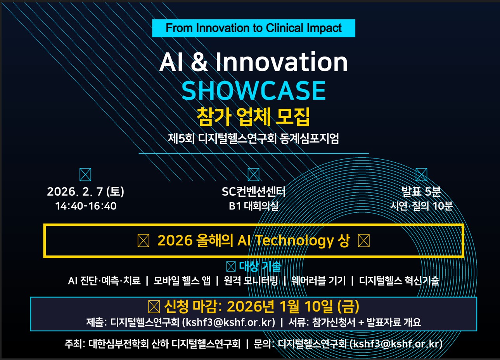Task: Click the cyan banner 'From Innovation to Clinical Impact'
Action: pyautogui.click(x=254, y=28)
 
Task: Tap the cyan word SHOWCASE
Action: pyautogui.click(x=254, y=91)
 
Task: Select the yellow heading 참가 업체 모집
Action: pyautogui.click(x=253, y=116)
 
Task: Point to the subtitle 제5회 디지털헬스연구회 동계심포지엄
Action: pyautogui.click(x=253, y=138)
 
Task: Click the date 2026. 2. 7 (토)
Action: pyautogui.click(x=85, y=191)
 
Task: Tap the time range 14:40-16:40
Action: pyautogui.click(x=86, y=206)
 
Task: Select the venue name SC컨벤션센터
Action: pyautogui.click(x=254, y=191)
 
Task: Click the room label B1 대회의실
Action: pyautogui.click(x=254, y=206)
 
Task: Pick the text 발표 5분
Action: pyautogui.click(x=421, y=191)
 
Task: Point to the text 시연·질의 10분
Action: pyautogui.click(x=421, y=206)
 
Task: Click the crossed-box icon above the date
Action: pyautogui.click(x=85, y=174)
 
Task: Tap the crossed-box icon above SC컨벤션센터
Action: pyautogui.click(x=254, y=174)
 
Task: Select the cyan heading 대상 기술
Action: pyautogui.click(x=260, y=266)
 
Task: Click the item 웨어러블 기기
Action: pyautogui.click(x=318, y=281)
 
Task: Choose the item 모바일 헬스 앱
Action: pyautogui.click(x=182, y=281)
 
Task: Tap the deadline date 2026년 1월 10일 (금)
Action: pyautogui.click(x=293, y=306)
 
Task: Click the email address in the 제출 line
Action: pyautogui.click(x=228, y=322)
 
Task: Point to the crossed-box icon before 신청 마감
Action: pyautogui.click(x=154, y=307)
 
